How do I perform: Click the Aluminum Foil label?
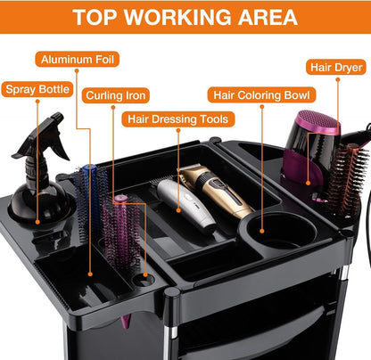click(x=78, y=60)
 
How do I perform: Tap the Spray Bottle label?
click(x=37, y=89)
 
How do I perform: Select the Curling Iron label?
click(x=116, y=95)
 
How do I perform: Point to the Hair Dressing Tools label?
click(x=178, y=119)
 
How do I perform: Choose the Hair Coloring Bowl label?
click(x=261, y=95)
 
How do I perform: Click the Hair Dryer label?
click(x=336, y=68)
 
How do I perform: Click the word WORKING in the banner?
click(x=177, y=17)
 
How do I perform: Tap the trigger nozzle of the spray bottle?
click(x=45, y=134)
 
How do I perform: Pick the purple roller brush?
click(x=122, y=232)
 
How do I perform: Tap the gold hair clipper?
click(x=216, y=190)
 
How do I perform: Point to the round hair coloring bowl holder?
click(x=278, y=232)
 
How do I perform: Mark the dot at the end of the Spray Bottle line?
click(x=37, y=222)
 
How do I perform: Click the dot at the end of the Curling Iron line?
click(x=145, y=274)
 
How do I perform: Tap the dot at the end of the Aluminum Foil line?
click(x=90, y=274)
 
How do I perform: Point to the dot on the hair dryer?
click(x=309, y=184)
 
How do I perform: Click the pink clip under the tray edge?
click(x=126, y=322)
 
